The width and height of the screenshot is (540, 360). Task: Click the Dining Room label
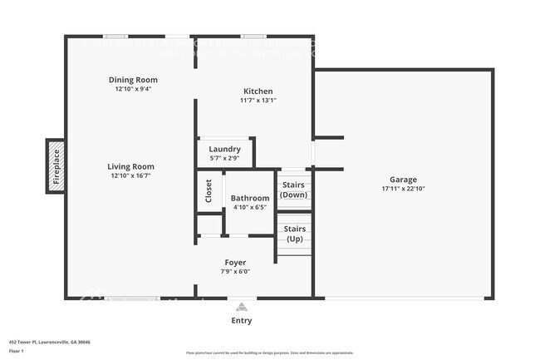pyautogui.click(x=133, y=80)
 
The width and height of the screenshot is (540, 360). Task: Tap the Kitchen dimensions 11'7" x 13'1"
pyautogui.click(x=258, y=101)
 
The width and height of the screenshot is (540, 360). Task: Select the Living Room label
pyautogui.click(x=132, y=166)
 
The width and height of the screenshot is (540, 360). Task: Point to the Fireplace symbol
pyautogui.click(x=56, y=166)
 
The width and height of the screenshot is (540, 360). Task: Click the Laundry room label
pyautogui.click(x=224, y=149)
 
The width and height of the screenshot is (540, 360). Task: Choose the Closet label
pyautogui.click(x=209, y=191)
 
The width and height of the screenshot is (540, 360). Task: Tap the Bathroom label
pyautogui.click(x=250, y=198)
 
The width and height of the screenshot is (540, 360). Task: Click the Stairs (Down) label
pyautogui.click(x=294, y=190)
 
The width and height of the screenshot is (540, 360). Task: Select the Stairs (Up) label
pyautogui.click(x=294, y=234)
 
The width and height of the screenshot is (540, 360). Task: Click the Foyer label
pyautogui.click(x=235, y=262)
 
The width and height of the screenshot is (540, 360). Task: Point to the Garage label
pyautogui.click(x=403, y=180)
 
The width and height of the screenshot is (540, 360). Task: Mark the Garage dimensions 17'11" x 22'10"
pyautogui.click(x=403, y=189)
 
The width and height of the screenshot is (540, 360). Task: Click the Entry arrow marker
pyautogui.click(x=241, y=306)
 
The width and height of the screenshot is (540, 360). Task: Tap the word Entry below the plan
pyautogui.click(x=241, y=320)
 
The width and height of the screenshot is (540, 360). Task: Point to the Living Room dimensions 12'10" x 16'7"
pyautogui.click(x=132, y=175)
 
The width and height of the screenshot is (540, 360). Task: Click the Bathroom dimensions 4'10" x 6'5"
pyautogui.click(x=250, y=207)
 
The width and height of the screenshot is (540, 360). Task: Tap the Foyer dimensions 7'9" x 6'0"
pyautogui.click(x=235, y=271)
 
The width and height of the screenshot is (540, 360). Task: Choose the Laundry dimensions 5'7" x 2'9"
pyautogui.click(x=224, y=158)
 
